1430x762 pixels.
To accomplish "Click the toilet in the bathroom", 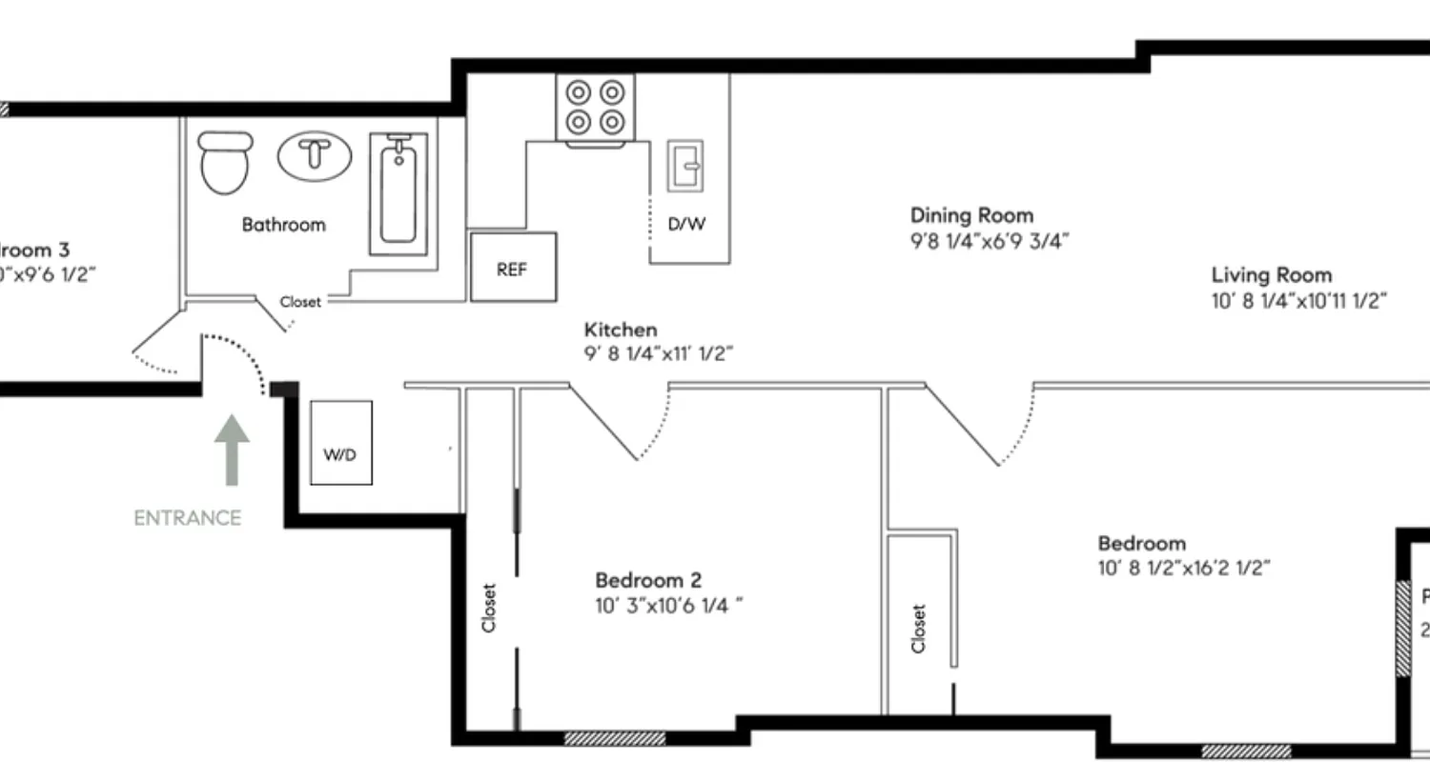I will tap(225, 163).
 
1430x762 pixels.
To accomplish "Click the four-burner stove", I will tap(595, 107).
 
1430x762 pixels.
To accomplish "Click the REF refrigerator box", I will tap(513, 269).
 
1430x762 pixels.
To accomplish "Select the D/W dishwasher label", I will tap(686, 225).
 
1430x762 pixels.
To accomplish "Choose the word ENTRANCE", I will tap(187, 518).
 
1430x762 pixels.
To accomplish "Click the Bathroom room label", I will tap(283, 225).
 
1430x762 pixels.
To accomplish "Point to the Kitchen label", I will tap(621, 330).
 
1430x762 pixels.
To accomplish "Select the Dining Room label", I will tap(971, 215).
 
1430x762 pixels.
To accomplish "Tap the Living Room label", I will tap(1272, 275).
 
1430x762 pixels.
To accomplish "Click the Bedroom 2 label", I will tap(648, 580).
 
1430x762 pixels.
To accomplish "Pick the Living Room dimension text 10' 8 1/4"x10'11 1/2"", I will tap(1298, 301).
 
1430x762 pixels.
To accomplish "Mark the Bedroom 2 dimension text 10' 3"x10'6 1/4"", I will tap(667, 605).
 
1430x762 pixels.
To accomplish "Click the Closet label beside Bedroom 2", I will tap(490, 608).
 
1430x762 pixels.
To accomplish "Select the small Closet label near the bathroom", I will tap(300, 302).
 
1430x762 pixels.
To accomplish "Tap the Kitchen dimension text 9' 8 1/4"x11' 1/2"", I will tap(658, 354).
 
